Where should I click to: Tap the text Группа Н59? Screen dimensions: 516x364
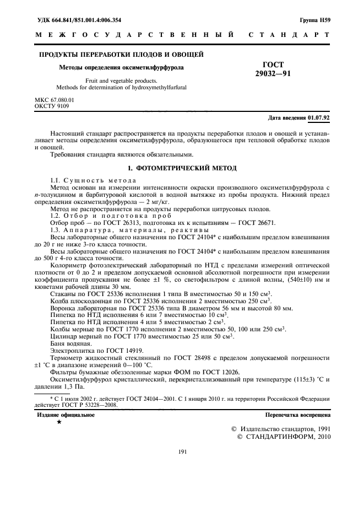(315, 20)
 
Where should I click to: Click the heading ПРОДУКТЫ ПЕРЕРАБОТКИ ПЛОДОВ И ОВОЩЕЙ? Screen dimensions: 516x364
(122, 54)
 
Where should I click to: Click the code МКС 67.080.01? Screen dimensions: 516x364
(55, 99)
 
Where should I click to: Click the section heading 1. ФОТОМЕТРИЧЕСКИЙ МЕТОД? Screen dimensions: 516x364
(182, 167)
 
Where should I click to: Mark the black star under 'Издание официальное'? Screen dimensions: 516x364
(59, 422)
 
